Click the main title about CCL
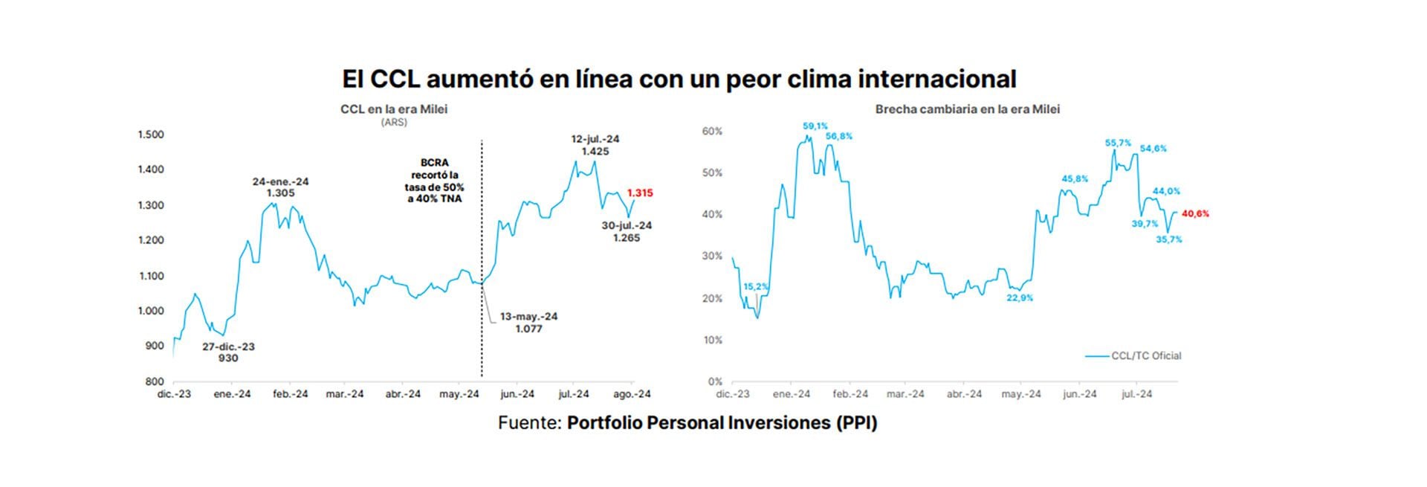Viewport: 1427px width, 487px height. [679, 79]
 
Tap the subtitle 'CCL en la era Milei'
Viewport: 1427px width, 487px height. [394, 109]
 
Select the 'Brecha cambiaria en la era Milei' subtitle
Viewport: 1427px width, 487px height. [967, 109]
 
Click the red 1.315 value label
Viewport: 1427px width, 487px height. [640, 193]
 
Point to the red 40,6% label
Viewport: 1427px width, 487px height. [1195, 214]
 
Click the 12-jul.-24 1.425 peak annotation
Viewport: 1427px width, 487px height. [595, 145]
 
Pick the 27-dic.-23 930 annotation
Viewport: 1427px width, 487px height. [228, 352]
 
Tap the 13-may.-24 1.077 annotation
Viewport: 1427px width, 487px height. [528, 322]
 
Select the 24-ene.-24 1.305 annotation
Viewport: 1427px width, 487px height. [280, 187]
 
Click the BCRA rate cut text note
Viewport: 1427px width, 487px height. [435, 181]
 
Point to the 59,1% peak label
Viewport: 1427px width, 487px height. [815, 126]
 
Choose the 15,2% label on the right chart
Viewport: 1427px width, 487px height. [756, 286]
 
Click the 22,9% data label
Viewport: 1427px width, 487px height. [1020, 298]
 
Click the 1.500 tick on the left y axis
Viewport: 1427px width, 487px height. [151, 135]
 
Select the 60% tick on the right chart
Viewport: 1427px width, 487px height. [712, 132]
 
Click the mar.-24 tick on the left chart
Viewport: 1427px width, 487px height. [345, 394]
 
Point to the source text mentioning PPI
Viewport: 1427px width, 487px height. [687, 423]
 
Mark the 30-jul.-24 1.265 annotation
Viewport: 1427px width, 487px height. [627, 231]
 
